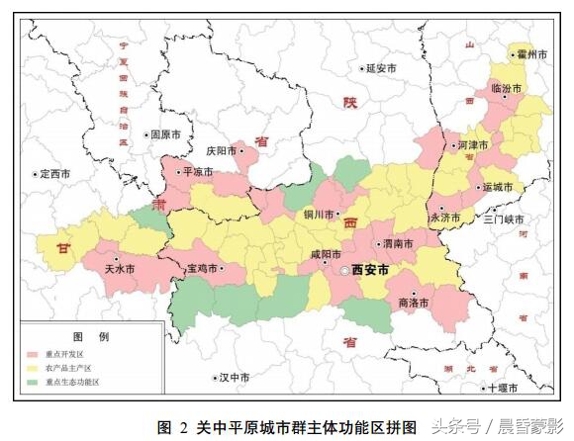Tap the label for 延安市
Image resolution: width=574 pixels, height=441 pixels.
tap(380, 69)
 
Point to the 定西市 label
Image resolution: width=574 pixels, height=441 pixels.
tap(54, 174)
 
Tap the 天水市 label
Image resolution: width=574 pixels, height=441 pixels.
tap(121, 268)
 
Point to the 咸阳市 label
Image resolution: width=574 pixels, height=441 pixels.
tap(325, 254)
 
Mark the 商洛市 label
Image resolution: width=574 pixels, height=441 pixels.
tap(413, 304)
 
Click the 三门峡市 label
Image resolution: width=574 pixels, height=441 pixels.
tap(505, 220)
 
